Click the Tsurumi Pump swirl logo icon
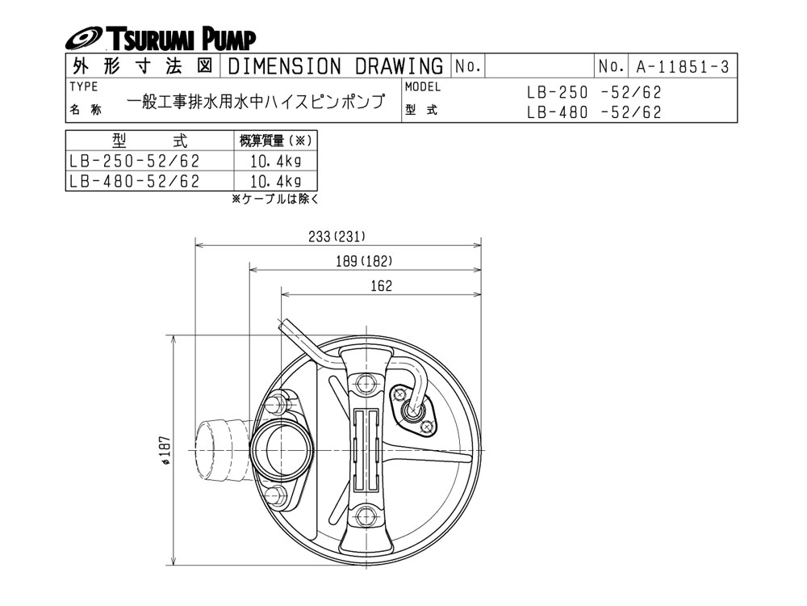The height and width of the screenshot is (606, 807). pyautogui.click(x=85, y=39)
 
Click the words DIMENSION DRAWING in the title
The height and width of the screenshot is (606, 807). pyautogui.click(x=335, y=66)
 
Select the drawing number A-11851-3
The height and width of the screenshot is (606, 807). pyautogui.click(x=683, y=66)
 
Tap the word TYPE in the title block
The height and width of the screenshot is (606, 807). pyautogui.click(x=84, y=86)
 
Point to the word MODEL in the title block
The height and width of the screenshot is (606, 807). pyautogui.click(x=423, y=86)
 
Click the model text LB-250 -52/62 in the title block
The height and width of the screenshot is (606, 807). pyautogui.click(x=594, y=92)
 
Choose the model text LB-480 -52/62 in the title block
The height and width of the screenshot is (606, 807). pyautogui.click(x=594, y=112)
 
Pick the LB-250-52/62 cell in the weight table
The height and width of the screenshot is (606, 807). pyautogui.click(x=134, y=162)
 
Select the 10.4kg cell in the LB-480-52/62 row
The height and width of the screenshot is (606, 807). pyautogui.click(x=275, y=181)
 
